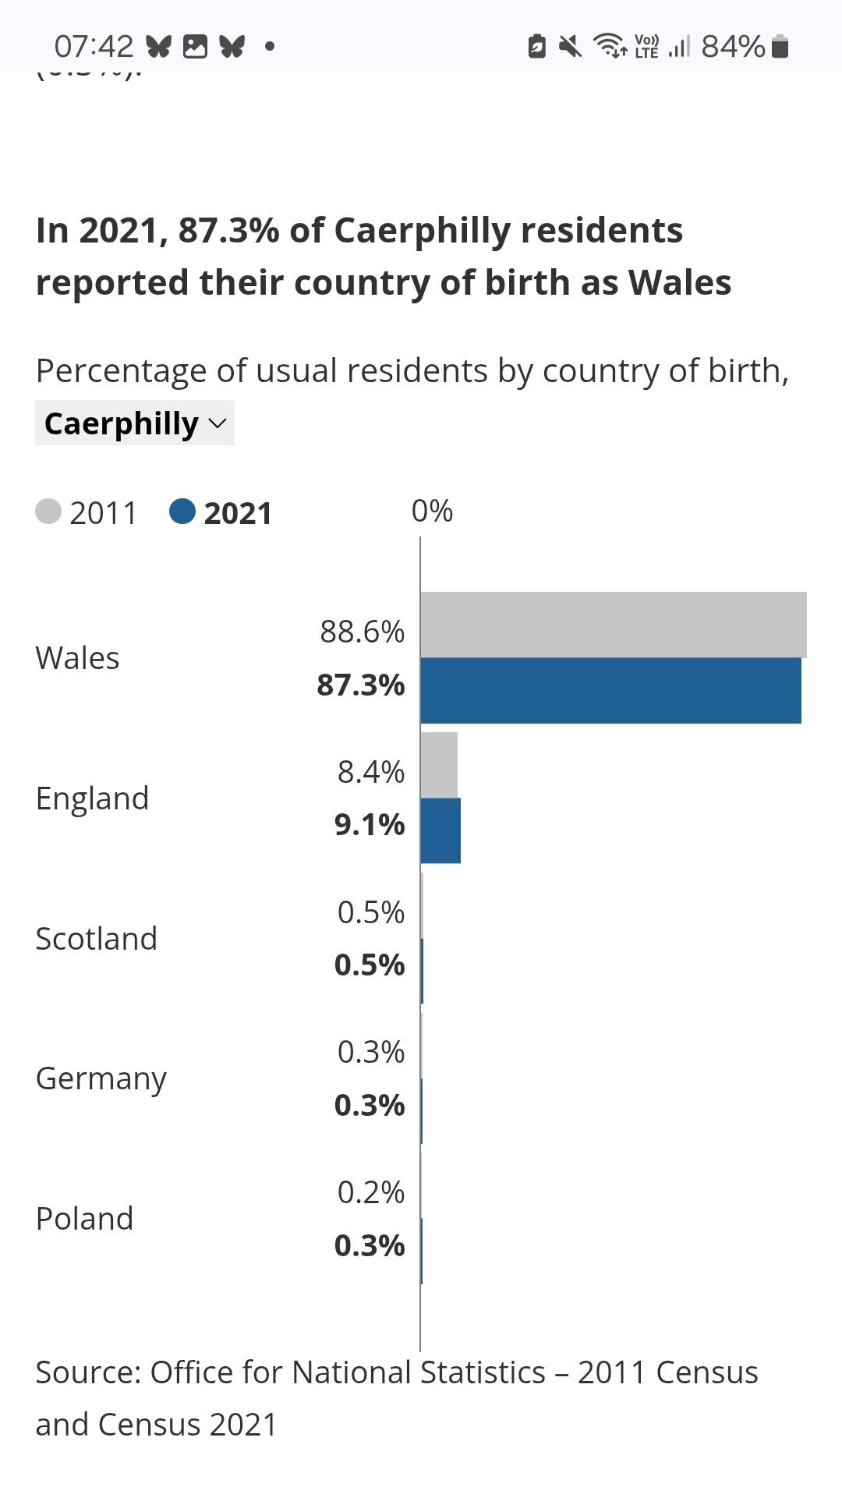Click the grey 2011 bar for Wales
tap(613, 625)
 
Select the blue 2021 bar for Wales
tap(610, 690)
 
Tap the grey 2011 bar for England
tap(439, 765)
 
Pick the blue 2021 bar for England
tap(440, 830)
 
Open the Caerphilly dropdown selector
tap(135, 423)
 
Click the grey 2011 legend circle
tap(48, 512)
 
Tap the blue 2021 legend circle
tap(182, 512)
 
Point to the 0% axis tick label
tap(432, 512)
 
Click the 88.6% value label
tap(363, 632)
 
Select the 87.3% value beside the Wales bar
tap(361, 685)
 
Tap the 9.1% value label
tap(370, 824)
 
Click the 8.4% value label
tap(371, 772)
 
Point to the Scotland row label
tap(97, 939)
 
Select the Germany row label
tap(101, 1079)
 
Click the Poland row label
tap(85, 1219)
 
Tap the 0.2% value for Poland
tap(371, 1192)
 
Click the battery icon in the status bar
tap(780, 47)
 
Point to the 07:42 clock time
tap(94, 47)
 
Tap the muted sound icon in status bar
tap(571, 47)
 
